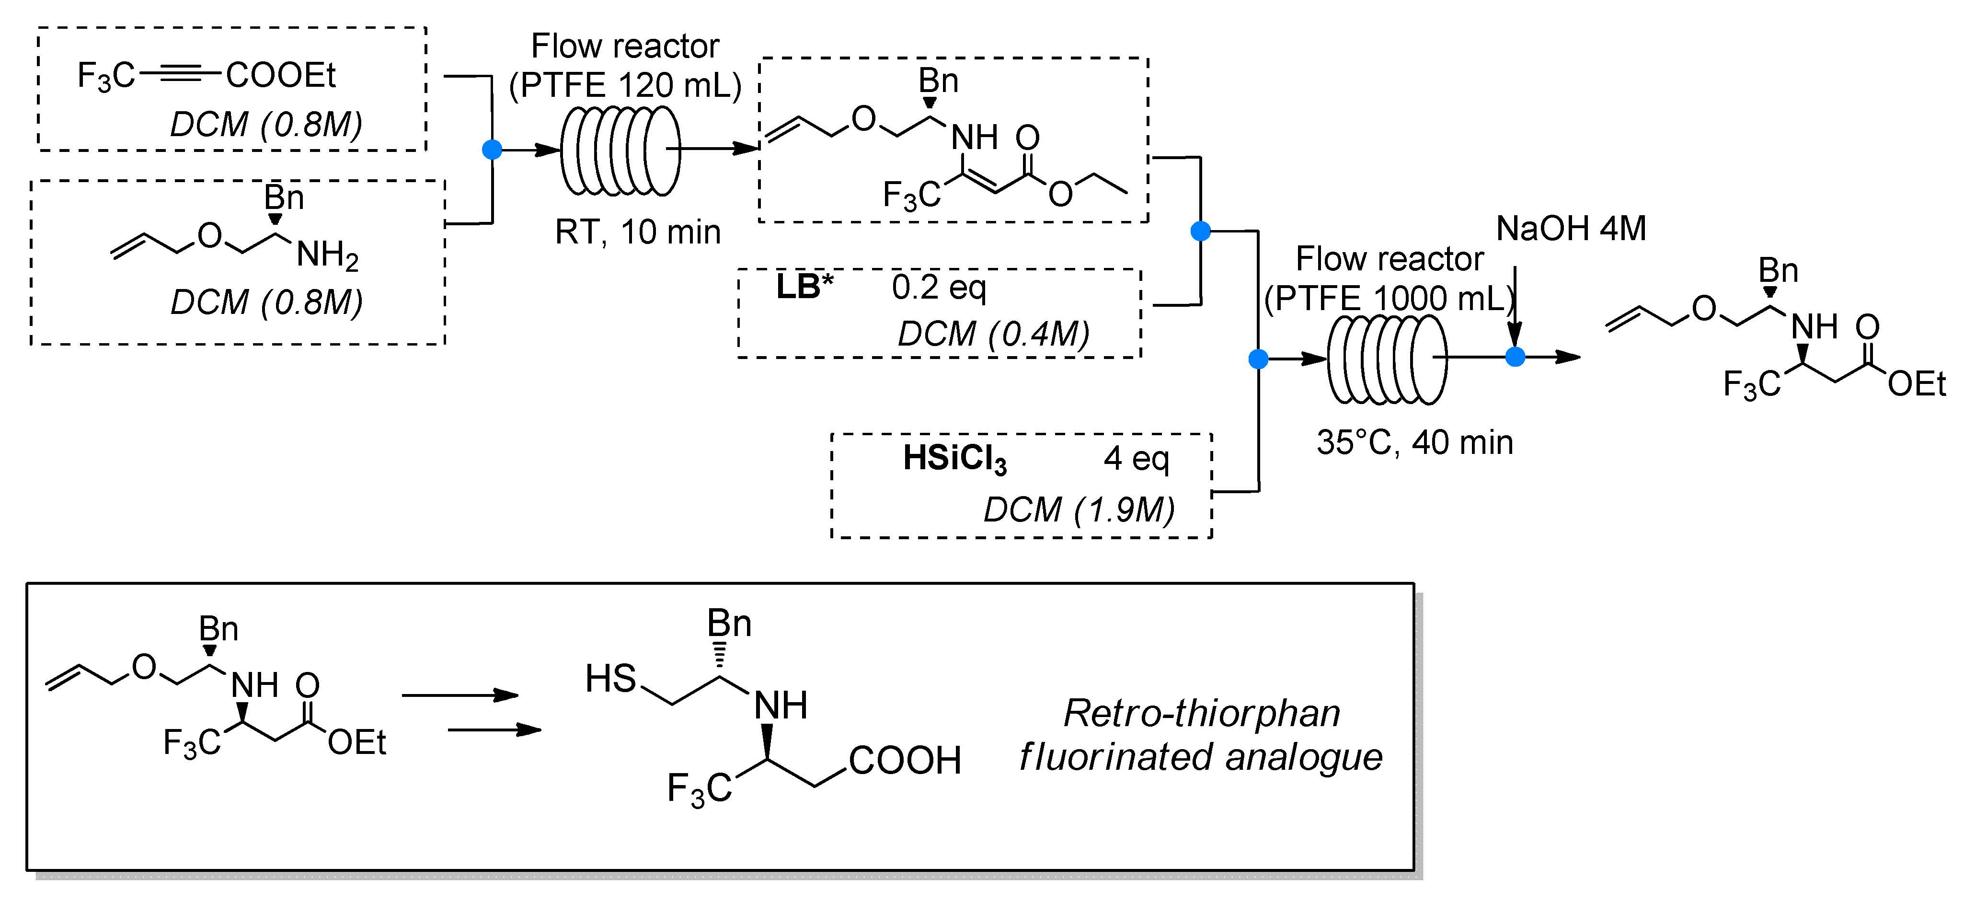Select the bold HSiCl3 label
click(954, 459)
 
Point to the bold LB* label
click(804, 288)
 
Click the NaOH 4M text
click(1571, 229)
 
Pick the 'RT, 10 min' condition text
click(637, 232)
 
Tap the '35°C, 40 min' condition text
click(1414, 443)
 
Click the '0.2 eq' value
click(939, 288)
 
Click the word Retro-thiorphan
click(1201, 714)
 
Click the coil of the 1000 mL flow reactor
click(1386, 359)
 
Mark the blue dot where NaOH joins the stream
click(1515, 357)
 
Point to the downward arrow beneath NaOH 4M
click(1515, 305)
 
